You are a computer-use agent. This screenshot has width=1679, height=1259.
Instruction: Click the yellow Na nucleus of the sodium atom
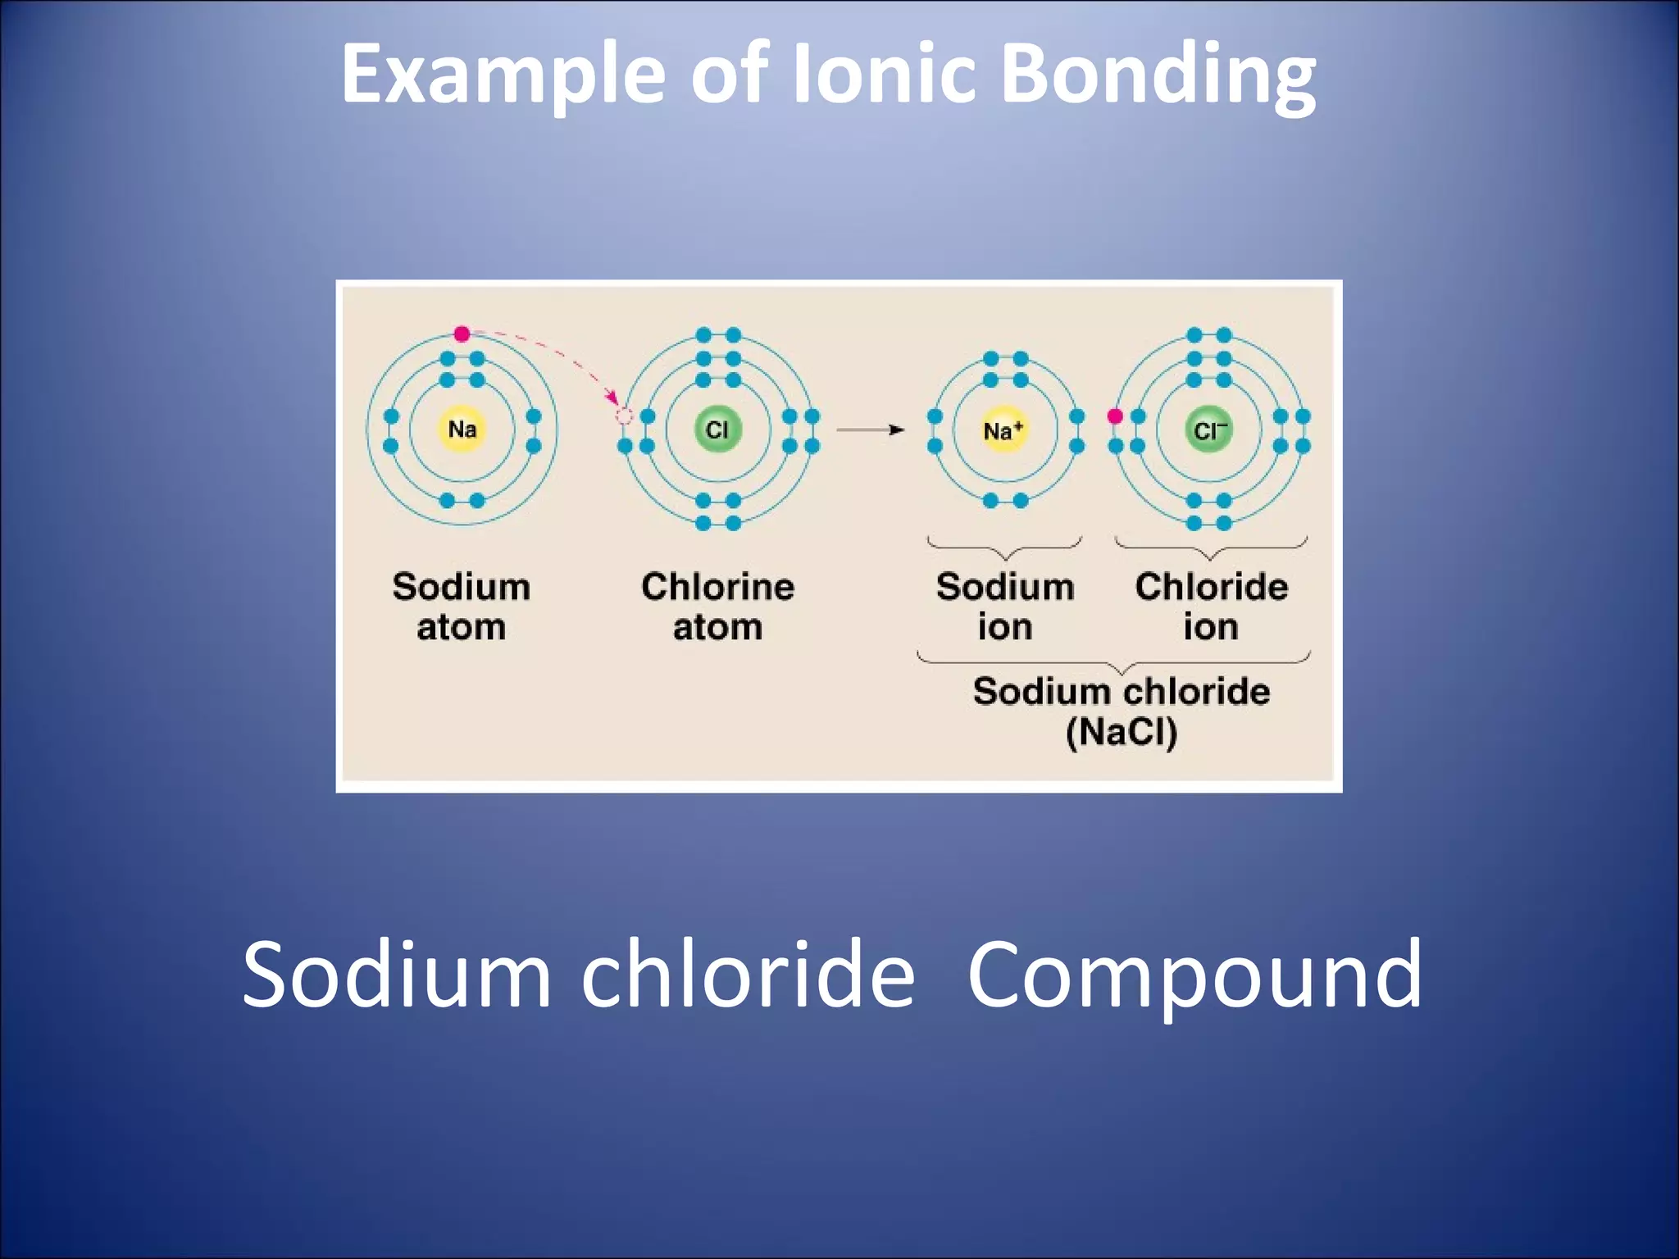[462, 429]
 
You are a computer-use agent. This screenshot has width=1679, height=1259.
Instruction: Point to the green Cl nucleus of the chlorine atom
[717, 429]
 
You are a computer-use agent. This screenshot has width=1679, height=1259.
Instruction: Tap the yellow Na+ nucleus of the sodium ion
[1003, 430]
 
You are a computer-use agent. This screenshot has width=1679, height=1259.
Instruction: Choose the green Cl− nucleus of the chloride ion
[1209, 430]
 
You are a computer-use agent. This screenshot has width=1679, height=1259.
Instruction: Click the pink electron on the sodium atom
[462, 334]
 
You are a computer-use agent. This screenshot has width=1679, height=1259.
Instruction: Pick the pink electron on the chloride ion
[1115, 416]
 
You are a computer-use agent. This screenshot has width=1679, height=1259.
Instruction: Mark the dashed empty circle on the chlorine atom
[625, 417]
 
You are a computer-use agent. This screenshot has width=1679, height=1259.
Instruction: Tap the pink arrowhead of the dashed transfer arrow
[612, 398]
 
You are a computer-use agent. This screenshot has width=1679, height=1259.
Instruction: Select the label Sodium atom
[462, 607]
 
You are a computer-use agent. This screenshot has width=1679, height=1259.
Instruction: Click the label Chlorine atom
[717, 607]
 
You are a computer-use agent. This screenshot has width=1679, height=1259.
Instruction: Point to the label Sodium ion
[1005, 607]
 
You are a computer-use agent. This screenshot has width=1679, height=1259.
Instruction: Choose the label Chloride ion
[1211, 607]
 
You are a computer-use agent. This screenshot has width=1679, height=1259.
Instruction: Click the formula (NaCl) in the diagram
[1122, 732]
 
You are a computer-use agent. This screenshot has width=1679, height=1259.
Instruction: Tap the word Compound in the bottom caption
[1194, 975]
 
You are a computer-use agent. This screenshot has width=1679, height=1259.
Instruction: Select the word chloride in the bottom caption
[748, 975]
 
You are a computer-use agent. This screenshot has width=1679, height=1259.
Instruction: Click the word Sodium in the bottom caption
[398, 975]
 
